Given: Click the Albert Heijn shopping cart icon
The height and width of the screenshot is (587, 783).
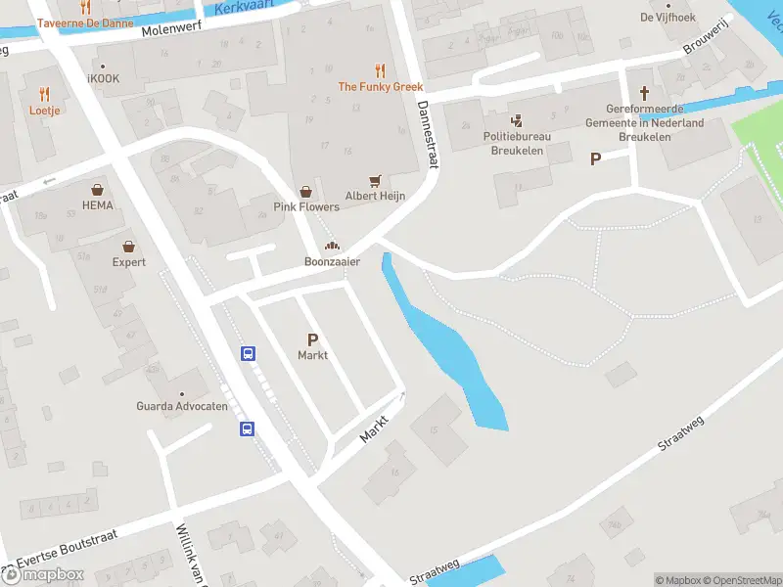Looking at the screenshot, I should (375, 181).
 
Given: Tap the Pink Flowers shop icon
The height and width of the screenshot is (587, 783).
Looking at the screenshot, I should (306, 192).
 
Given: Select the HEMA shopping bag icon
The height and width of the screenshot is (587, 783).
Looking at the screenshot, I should (98, 190).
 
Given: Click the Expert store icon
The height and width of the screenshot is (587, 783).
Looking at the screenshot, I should (128, 247).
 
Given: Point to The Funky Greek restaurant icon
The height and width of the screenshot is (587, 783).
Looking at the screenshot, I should (380, 70).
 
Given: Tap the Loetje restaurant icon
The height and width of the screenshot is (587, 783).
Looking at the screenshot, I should (44, 94).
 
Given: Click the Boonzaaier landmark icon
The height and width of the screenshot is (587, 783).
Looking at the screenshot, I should (332, 247).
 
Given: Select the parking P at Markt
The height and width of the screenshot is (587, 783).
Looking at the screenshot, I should (313, 339).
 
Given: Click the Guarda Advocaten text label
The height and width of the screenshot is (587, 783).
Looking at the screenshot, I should (182, 406).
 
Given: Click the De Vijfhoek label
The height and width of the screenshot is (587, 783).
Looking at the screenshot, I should (668, 17).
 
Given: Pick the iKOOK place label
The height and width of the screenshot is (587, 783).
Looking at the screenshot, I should (104, 78).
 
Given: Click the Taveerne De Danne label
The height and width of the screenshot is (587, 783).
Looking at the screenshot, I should (86, 22).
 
